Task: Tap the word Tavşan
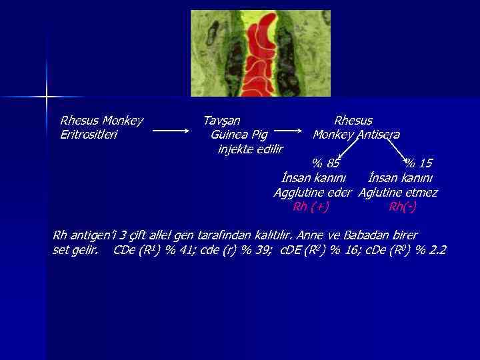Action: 221,121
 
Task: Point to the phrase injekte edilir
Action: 250,149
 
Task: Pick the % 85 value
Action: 326,163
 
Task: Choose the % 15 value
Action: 419,163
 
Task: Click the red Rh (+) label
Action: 311,207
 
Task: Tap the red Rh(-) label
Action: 403,207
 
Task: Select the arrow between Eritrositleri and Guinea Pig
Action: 171,131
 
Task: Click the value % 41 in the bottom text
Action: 175,251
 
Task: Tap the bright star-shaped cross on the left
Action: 47,97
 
